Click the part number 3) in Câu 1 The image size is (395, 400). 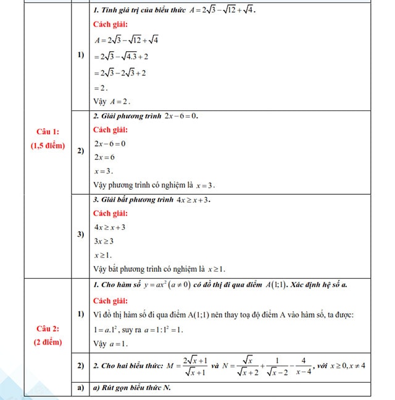click(x=80, y=234)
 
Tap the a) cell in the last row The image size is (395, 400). click(x=80, y=388)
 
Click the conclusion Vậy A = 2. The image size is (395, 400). click(x=111, y=101)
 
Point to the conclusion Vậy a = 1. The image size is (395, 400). click(x=110, y=343)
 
